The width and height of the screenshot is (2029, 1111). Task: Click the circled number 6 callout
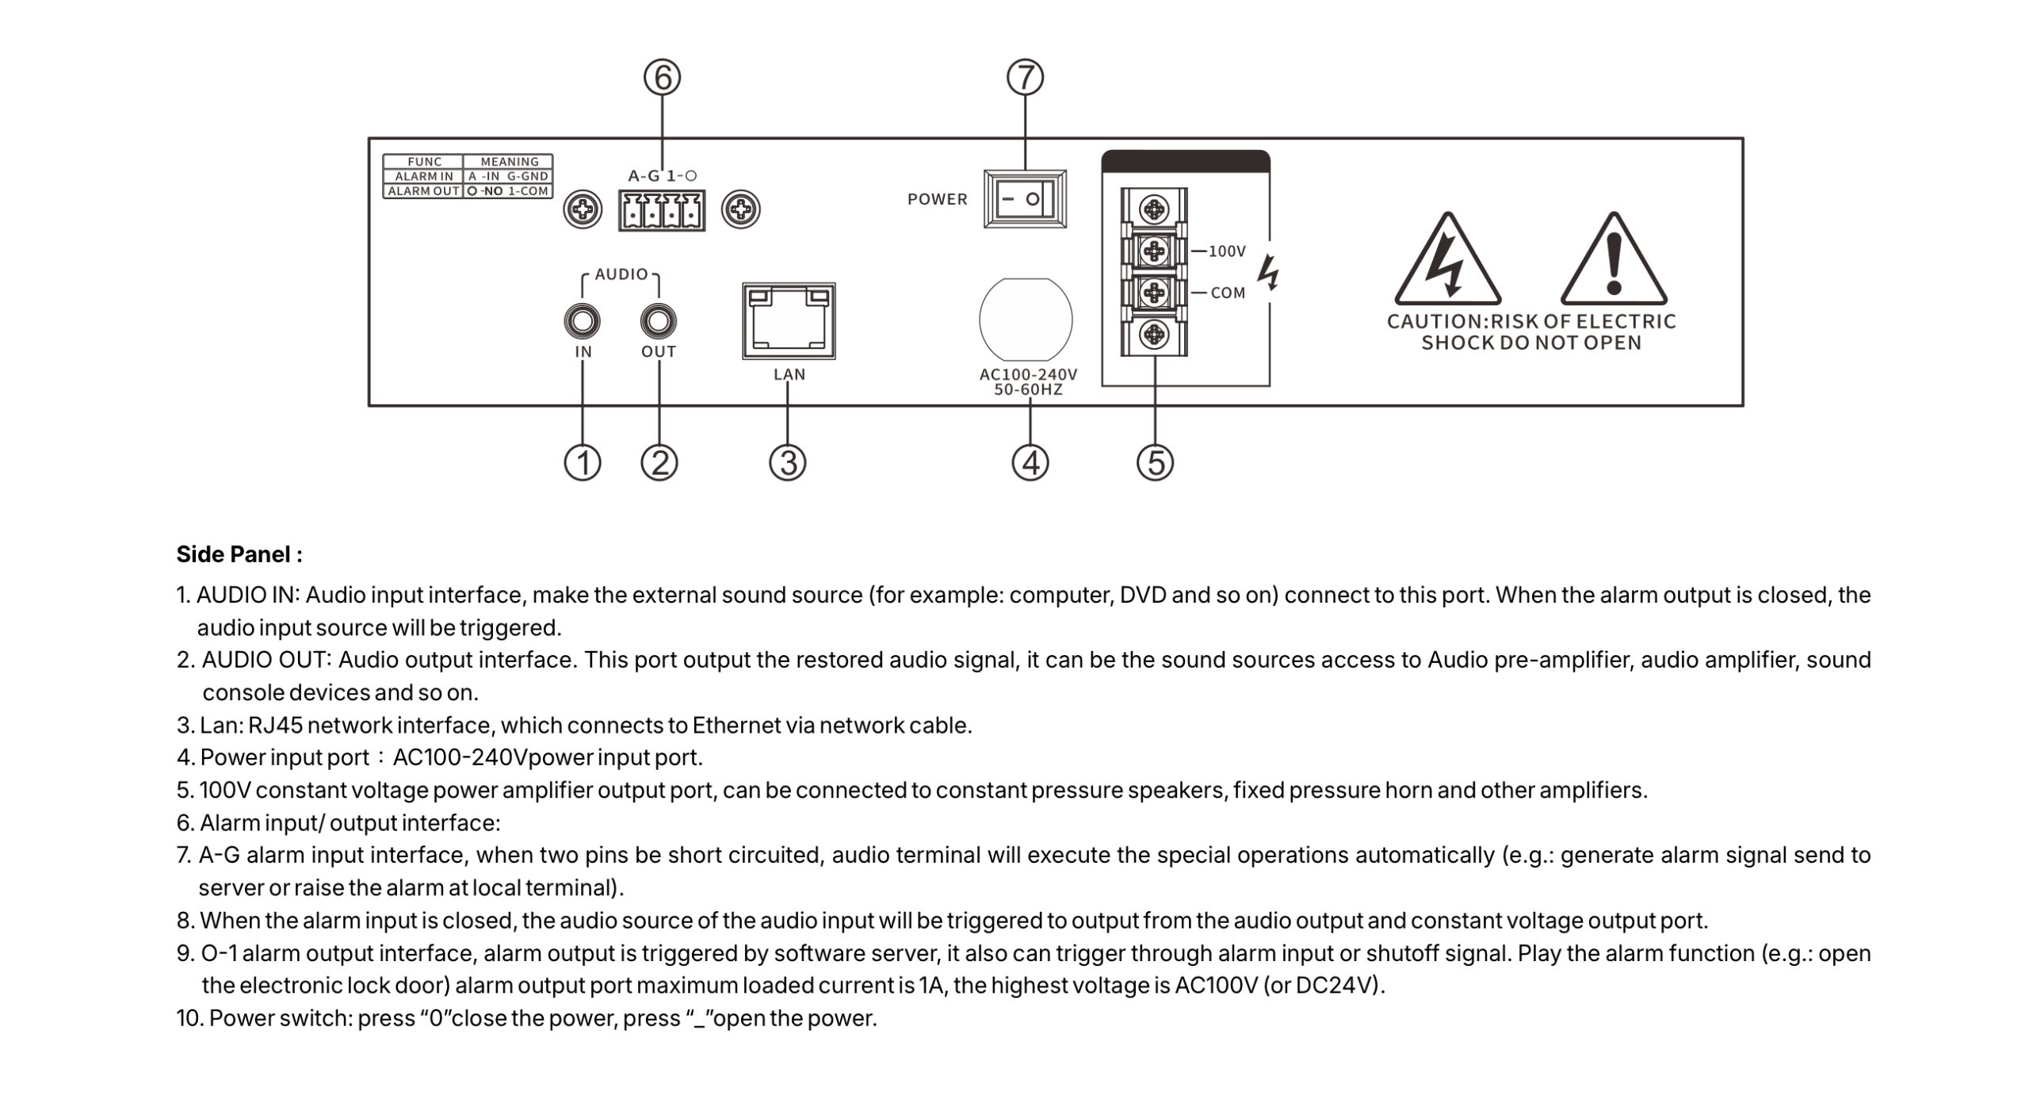662,78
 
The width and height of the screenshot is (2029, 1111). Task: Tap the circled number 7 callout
1025,78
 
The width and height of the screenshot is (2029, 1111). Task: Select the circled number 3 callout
788,462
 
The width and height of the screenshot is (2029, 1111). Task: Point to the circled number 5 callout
1155,462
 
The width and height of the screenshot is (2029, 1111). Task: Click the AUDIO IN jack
583,322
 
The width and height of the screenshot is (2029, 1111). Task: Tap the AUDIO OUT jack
659,322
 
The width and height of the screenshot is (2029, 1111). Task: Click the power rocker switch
1024,199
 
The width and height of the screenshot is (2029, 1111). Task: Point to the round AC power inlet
1026,320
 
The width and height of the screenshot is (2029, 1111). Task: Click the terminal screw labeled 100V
1154,251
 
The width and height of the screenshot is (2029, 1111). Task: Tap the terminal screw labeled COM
1154,293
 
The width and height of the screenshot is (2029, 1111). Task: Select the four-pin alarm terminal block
662,211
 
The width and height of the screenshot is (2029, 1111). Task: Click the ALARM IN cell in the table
424,176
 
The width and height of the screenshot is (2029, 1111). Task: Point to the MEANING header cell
509,162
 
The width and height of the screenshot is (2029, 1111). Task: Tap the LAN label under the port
789,374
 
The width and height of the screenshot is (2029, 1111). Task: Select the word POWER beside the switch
938,199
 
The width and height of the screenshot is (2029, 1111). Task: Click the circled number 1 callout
583,462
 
